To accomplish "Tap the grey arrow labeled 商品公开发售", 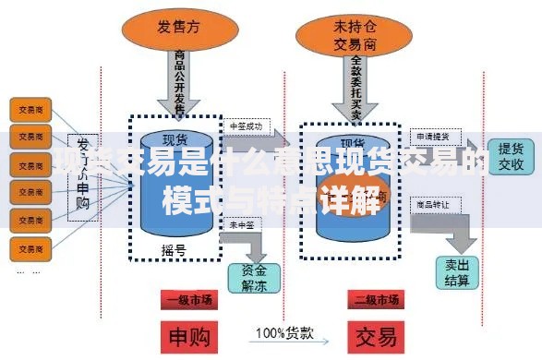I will [x=181, y=81].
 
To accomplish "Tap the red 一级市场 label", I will [x=187, y=300].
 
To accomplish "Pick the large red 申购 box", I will [x=187, y=335].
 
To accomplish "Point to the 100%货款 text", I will [x=283, y=332].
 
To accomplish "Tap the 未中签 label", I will [x=241, y=223].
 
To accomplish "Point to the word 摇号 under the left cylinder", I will [x=173, y=249].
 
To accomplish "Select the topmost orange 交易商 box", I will [x=29, y=109].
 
